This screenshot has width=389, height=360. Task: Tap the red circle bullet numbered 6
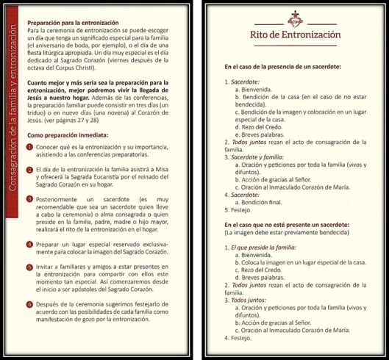click(30, 324)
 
